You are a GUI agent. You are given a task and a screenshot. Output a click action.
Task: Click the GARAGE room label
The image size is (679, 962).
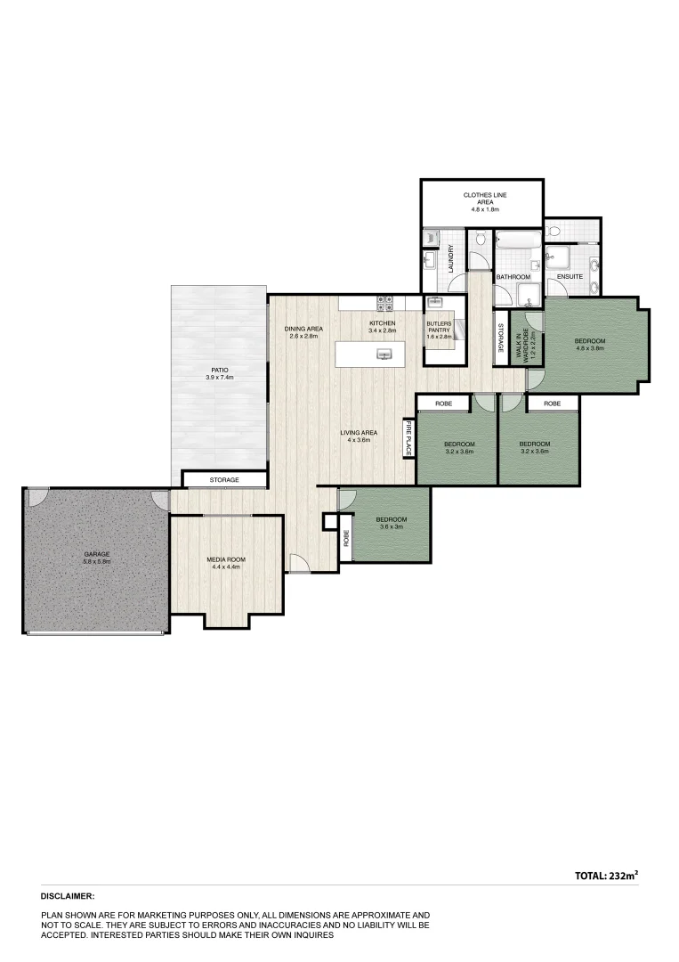coord(96,558)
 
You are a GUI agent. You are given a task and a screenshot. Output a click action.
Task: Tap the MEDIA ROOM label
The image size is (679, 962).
coord(226,563)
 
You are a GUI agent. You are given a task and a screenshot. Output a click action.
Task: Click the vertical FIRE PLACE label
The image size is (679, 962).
coord(408,438)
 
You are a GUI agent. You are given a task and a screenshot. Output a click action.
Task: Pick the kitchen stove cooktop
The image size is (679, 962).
coord(385,303)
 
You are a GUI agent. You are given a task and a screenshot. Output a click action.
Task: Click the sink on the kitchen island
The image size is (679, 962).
coord(384,354)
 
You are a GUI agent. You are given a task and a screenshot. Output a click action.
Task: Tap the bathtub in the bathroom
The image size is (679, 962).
coord(516,240)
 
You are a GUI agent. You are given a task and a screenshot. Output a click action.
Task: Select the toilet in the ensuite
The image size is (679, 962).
coord(554,232)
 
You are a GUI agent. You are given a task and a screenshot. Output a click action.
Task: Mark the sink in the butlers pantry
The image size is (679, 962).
coord(435,303)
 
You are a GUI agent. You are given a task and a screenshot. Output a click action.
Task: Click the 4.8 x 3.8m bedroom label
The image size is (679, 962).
coord(589,345)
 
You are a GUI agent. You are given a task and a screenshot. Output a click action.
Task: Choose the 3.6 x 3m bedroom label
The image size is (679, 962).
coord(391,523)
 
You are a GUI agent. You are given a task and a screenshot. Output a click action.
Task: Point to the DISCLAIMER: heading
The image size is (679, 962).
coord(68,896)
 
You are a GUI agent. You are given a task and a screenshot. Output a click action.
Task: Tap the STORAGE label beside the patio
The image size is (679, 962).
coord(224,480)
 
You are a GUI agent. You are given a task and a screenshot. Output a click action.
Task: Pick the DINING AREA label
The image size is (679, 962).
coord(303,332)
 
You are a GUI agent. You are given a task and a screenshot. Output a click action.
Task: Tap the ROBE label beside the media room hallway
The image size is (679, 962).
coord(345,539)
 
